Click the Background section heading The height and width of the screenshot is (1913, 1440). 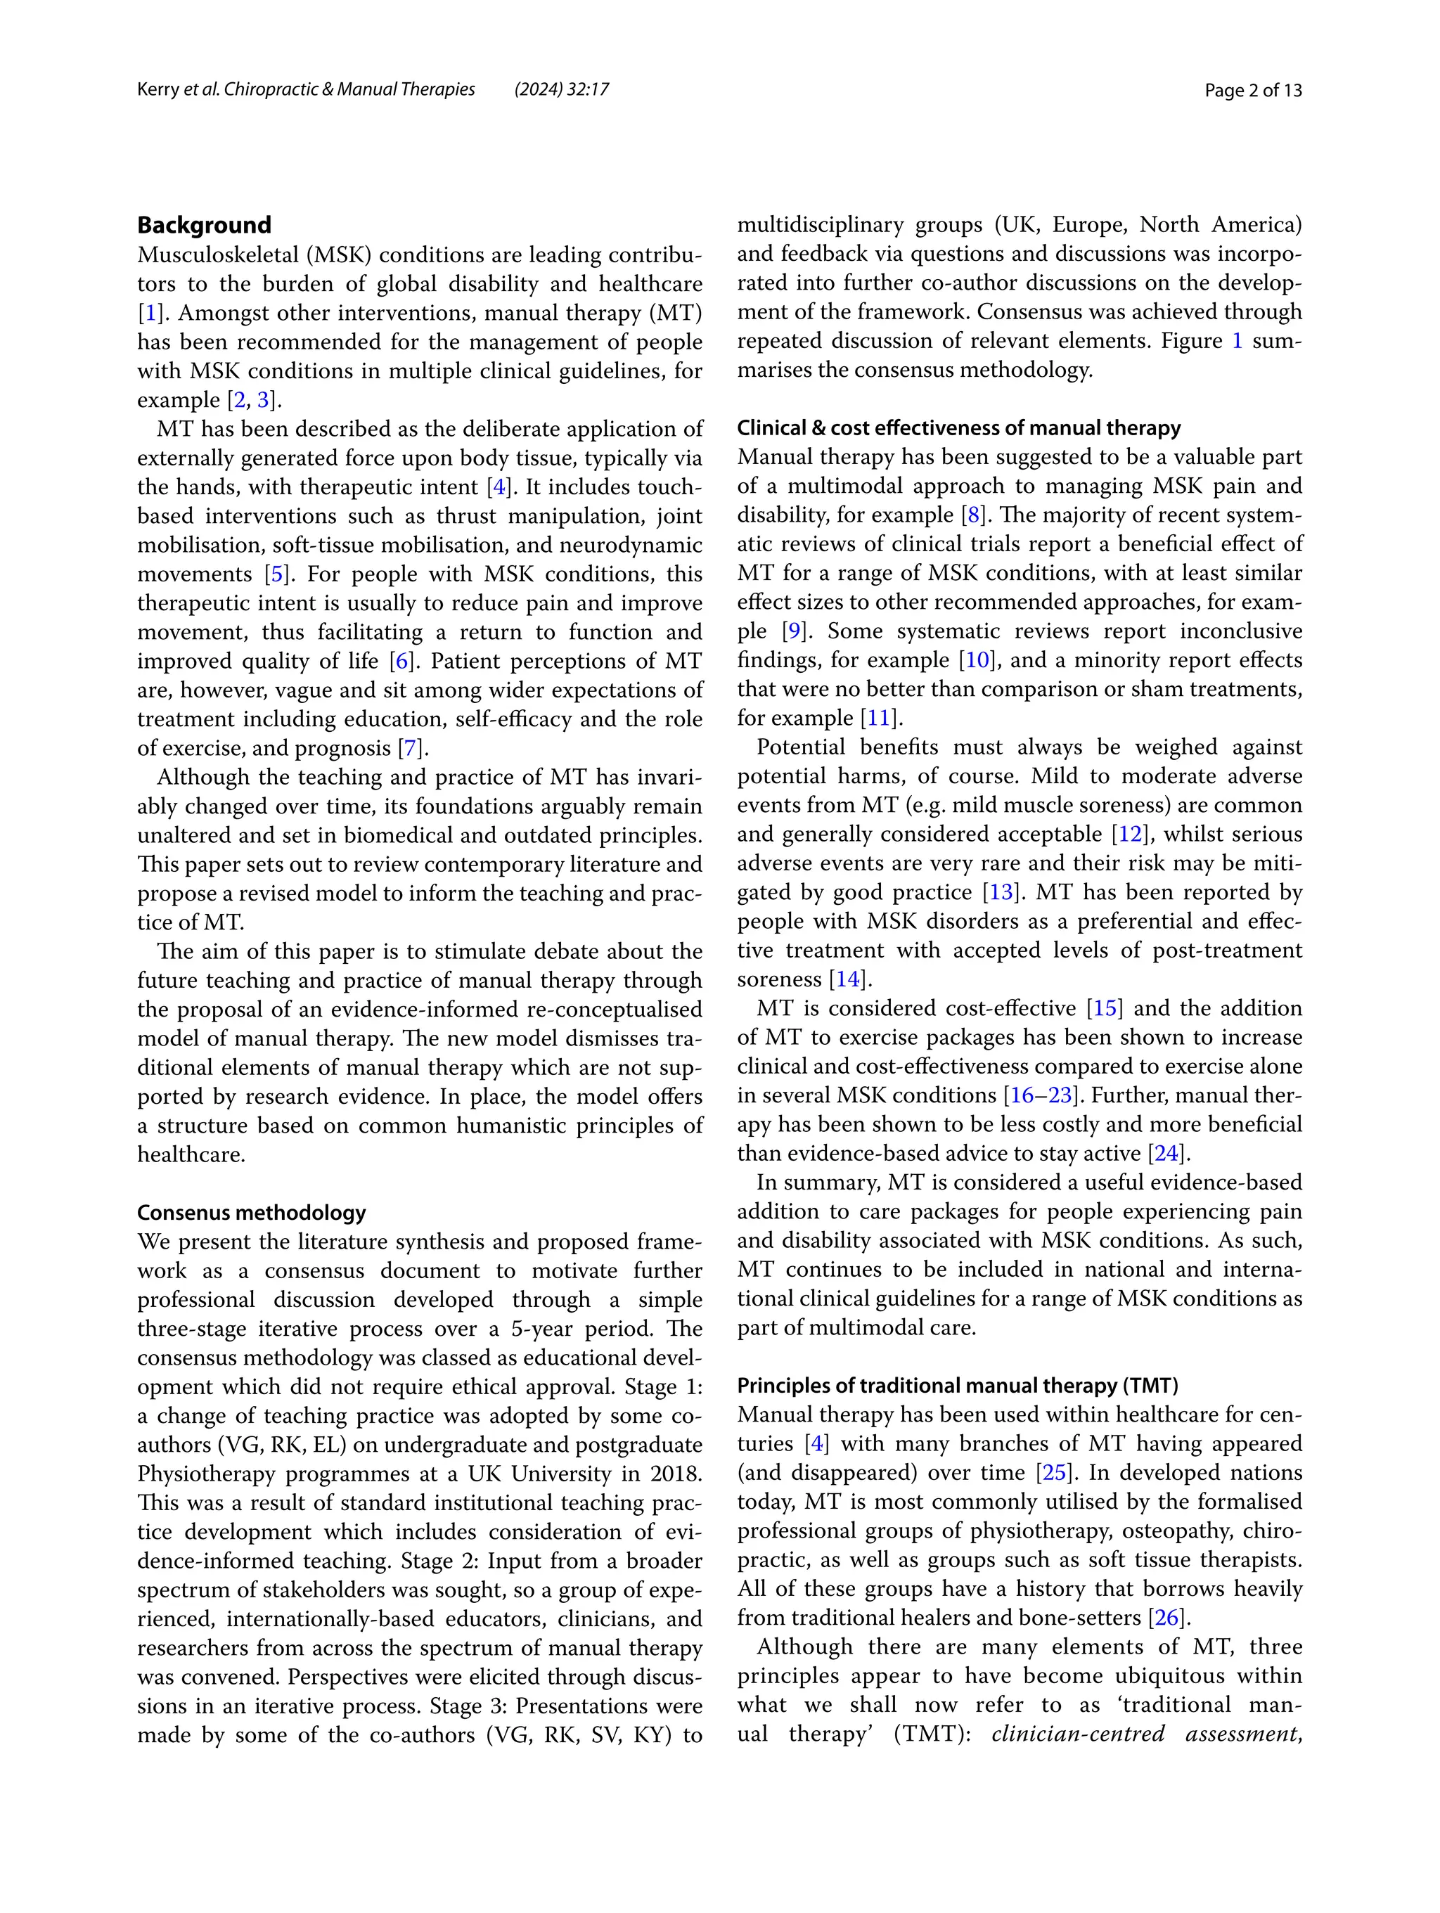pos(204,225)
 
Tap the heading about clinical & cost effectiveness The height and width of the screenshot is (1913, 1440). pos(958,427)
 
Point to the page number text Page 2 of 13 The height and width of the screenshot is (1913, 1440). pos(1252,90)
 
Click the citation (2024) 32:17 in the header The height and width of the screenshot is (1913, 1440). pos(561,89)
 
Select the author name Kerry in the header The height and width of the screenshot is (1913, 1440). pos(157,89)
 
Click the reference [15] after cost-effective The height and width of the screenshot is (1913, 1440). pos(1105,1007)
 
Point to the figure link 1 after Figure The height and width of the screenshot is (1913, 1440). pos(1237,341)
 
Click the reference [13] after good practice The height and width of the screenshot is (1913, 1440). pos(1001,891)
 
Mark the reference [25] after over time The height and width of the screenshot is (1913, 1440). pos(1053,1472)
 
